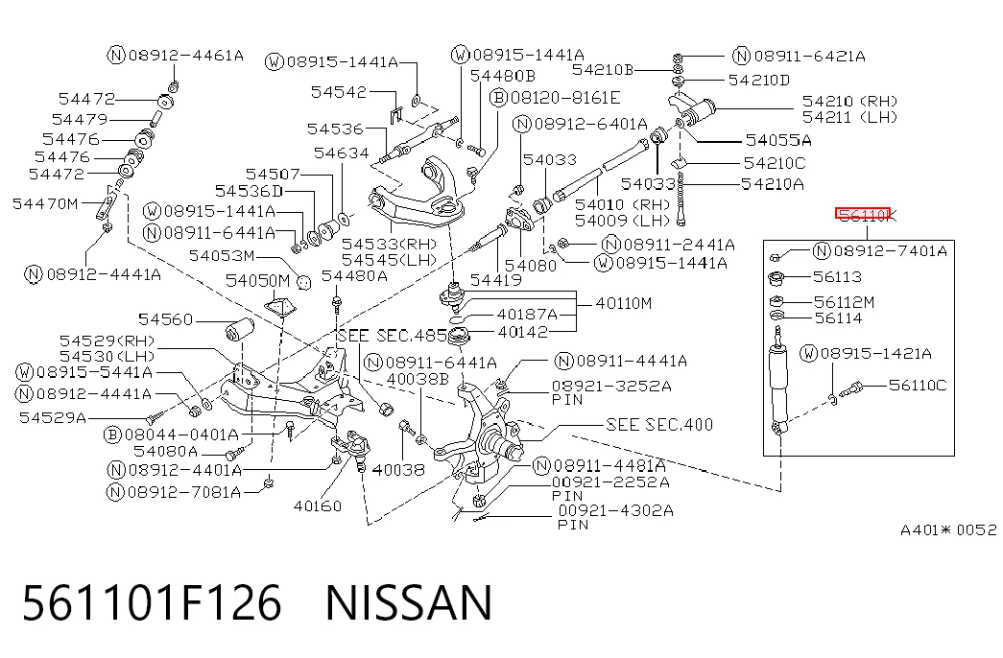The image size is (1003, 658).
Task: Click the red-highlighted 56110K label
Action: (x=863, y=216)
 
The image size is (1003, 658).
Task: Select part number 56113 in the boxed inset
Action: (x=837, y=277)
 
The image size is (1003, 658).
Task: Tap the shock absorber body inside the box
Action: (x=778, y=384)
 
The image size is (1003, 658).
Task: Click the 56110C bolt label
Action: (x=918, y=385)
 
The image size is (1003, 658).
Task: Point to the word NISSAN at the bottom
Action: (x=410, y=602)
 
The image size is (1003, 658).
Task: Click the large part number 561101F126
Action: (x=152, y=602)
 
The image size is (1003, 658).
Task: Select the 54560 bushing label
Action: (x=166, y=319)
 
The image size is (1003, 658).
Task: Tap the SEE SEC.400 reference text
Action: (x=658, y=425)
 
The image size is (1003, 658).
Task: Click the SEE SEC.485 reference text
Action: (x=393, y=336)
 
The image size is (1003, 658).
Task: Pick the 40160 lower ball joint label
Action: (x=318, y=505)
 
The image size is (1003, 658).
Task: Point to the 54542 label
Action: (x=339, y=92)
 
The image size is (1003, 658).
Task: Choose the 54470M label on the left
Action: (x=45, y=204)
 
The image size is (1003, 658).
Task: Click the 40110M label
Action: (x=624, y=303)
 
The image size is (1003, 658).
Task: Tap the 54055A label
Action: (x=778, y=140)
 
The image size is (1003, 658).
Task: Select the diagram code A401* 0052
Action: (x=948, y=529)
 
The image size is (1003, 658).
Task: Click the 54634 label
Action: (x=342, y=153)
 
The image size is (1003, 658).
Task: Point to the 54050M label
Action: (x=257, y=281)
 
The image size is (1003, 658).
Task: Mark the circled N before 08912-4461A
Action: (x=116, y=55)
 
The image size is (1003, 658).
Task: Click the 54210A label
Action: (x=772, y=184)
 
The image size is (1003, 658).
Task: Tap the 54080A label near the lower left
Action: (x=166, y=451)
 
